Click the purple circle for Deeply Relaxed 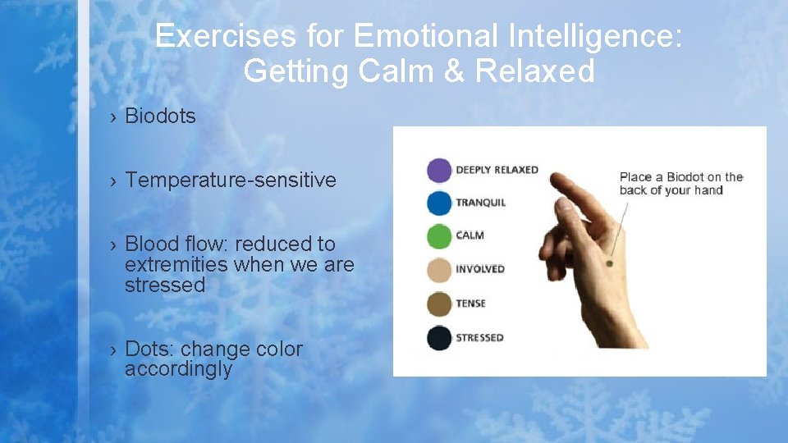point(440,170)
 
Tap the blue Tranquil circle point(440,203)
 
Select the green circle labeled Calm point(440,235)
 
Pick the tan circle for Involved point(440,269)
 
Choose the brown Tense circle point(440,304)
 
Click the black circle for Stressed point(440,338)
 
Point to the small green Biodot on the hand point(609,263)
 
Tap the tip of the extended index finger point(556,178)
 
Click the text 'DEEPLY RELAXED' point(497,170)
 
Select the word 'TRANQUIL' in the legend point(481,203)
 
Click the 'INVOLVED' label point(480,269)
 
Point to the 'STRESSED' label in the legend point(480,338)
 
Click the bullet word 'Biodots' point(160,116)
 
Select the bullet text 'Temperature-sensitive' point(231,180)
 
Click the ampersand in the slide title point(452,71)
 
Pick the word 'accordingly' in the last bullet point(178,370)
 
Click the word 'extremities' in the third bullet point(176,265)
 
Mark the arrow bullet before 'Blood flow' point(113,244)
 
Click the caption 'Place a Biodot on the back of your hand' point(680,184)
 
